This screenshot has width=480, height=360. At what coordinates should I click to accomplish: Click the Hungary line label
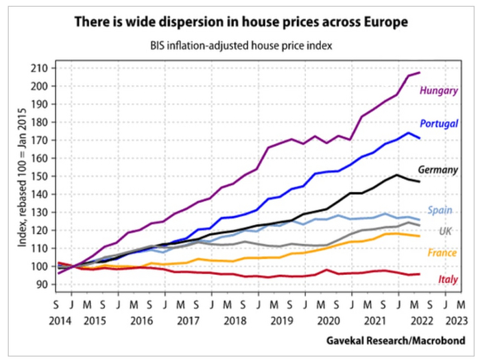pyautogui.click(x=439, y=91)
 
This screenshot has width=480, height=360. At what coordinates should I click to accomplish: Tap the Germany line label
pyautogui.click(x=437, y=169)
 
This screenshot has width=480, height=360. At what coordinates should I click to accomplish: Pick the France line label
pyautogui.click(x=442, y=254)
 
